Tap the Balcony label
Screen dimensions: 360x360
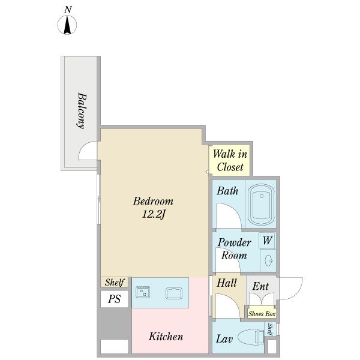82,110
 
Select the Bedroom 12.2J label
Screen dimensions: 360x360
153,208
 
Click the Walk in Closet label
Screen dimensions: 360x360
230,160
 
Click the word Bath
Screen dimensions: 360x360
227,191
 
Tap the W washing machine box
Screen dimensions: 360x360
267,241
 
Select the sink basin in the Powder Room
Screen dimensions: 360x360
268,260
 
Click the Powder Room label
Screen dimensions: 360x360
234,249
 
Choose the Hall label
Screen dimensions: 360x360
227,283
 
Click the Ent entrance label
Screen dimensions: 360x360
260,286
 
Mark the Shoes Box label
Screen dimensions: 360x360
262,314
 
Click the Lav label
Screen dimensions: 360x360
224,339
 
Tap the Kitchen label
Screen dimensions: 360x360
166,337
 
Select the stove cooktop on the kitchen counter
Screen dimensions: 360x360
143,292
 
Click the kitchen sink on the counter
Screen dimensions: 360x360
174,293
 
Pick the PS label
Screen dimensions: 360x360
115,299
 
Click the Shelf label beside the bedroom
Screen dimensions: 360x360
115,282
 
